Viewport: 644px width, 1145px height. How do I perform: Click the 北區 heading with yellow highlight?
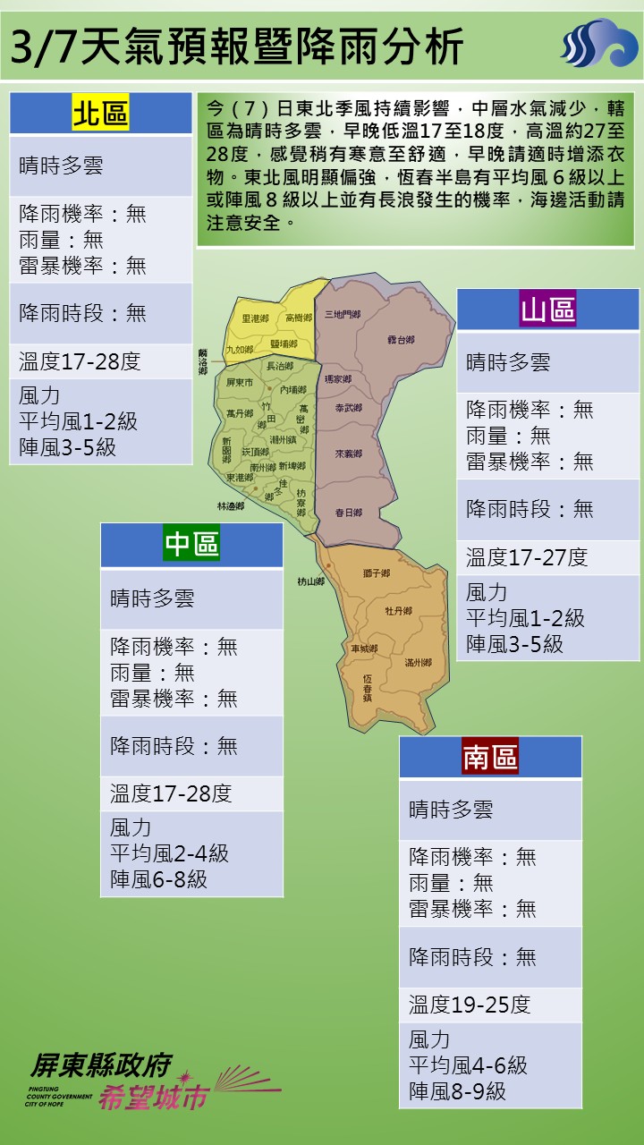[100, 114]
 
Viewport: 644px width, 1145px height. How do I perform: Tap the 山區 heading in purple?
[547, 310]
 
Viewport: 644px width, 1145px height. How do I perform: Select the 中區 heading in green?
[191, 544]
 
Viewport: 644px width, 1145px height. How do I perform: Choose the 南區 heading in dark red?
[490, 757]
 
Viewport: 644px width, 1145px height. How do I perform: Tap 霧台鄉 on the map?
[401, 340]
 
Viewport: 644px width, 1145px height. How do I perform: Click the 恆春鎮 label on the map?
[367, 687]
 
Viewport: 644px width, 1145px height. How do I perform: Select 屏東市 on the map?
[241, 382]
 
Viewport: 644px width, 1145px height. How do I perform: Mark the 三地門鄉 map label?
[343, 315]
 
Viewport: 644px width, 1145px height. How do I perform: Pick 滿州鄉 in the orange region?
[418, 663]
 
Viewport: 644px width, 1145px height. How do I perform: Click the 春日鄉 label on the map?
[348, 513]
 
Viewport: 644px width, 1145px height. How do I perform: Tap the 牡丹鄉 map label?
[398, 611]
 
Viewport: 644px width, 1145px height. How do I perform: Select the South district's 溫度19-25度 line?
[470, 1005]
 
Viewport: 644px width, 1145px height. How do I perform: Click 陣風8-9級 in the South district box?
[457, 1091]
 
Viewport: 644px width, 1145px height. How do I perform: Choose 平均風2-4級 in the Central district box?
[169, 853]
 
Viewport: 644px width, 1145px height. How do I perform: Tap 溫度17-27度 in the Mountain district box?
[527, 558]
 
